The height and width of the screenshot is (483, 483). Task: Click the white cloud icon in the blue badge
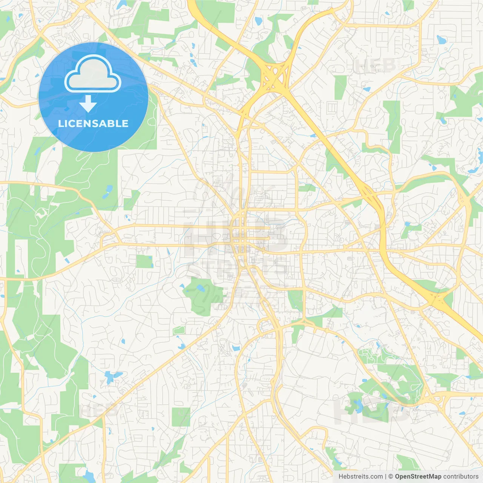point(93,74)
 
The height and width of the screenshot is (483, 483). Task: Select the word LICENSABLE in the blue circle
point(93,123)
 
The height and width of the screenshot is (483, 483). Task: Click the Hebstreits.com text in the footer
point(360,477)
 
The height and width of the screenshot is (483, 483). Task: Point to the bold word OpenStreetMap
point(418,477)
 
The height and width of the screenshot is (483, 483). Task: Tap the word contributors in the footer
point(461,477)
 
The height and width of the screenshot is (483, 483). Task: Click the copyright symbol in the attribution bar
point(391,477)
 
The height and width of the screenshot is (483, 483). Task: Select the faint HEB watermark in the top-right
point(375,66)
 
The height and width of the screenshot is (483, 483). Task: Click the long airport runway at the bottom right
point(408,441)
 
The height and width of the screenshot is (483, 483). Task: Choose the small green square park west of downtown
point(144,261)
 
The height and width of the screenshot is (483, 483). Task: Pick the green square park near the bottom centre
point(181,417)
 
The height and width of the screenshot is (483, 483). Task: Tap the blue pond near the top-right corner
point(441,40)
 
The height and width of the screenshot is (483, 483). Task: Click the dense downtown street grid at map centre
point(241,236)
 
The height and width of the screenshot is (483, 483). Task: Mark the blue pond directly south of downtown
point(236,348)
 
